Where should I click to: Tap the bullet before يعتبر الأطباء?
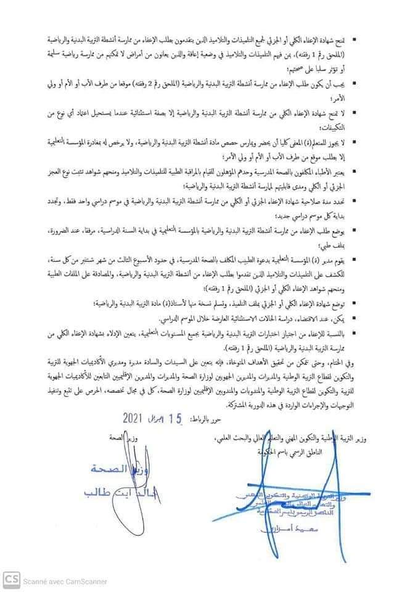369,170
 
